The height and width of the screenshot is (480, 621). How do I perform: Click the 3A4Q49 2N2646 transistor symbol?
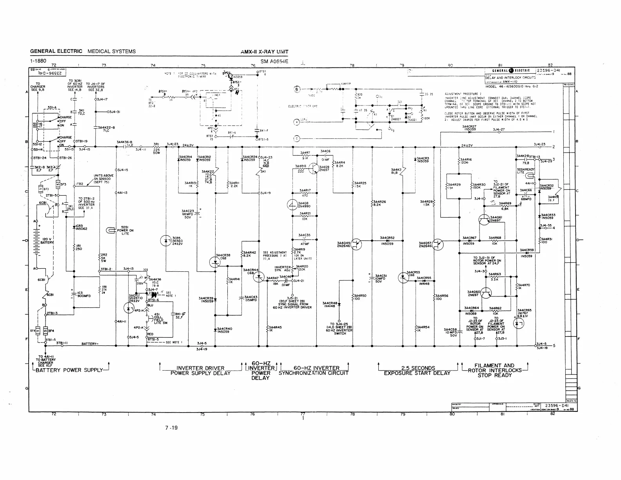point(356,245)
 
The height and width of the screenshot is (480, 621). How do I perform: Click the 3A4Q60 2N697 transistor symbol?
point(486,293)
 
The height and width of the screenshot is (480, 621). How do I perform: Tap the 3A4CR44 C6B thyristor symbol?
point(259,278)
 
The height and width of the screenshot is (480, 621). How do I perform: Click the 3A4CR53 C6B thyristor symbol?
point(403,278)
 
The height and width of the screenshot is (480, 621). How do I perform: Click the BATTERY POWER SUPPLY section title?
point(69,370)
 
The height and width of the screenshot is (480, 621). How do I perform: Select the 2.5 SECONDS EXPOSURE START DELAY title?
point(418,371)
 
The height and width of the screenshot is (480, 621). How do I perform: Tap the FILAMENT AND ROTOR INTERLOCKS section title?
point(495,370)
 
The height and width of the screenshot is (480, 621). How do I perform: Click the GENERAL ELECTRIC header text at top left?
point(56,51)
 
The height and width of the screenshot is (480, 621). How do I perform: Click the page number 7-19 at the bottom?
point(171,427)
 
